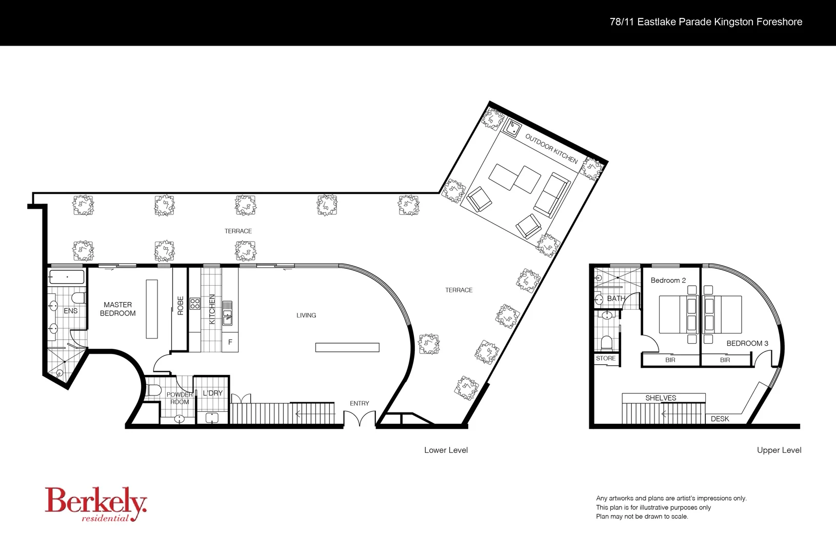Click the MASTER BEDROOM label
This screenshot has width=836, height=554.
(117, 309)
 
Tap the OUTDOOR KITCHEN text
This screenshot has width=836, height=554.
(551, 149)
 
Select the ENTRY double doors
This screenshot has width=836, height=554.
(360, 419)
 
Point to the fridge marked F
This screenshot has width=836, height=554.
(230, 342)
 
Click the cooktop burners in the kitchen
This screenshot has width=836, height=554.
(195, 303)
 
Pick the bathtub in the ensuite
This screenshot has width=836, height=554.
(67, 278)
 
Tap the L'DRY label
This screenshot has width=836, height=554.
(212, 393)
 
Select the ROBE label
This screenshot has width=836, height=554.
(180, 306)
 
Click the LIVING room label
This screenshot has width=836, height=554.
(306, 315)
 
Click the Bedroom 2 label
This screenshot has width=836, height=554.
(668, 280)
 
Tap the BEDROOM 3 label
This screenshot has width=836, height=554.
(747, 343)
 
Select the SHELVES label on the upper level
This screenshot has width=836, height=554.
(661, 398)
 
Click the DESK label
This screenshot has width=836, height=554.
(720, 419)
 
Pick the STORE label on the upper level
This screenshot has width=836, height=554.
(605, 359)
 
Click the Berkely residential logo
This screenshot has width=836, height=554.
(96, 504)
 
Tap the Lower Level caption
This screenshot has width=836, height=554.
(446, 450)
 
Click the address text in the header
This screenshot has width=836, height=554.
(706, 22)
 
